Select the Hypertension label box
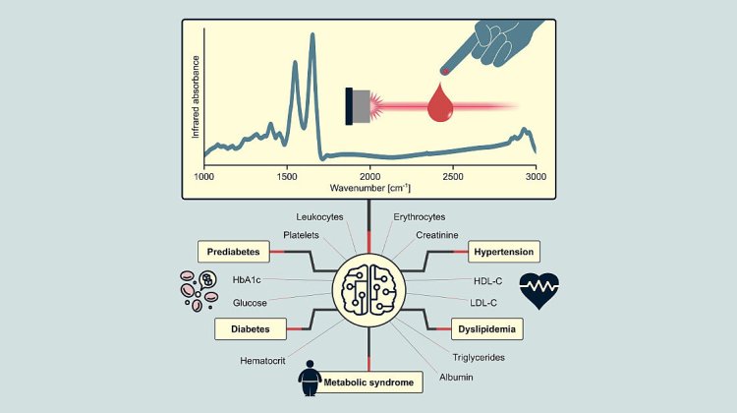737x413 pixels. [504, 252]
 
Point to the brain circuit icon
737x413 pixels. [368, 290]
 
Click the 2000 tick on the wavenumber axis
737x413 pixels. [368, 176]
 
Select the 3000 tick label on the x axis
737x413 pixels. [535, 176]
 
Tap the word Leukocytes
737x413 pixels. [321, 216]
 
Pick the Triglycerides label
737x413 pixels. [479, 356]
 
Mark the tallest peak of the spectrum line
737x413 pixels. [313, 36]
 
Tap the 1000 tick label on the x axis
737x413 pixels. [204, 176]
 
